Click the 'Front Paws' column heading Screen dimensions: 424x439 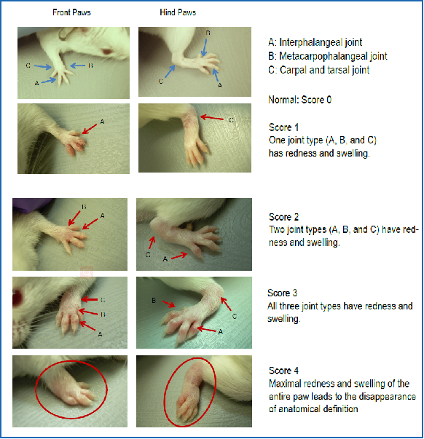pos(71,12)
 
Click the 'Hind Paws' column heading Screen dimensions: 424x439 pos(178,12)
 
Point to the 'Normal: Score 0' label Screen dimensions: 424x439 pos(300,100)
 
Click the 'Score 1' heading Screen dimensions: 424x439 pos(283,127)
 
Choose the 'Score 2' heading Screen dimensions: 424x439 pos(283,217)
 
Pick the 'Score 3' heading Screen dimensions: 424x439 pos(282,293)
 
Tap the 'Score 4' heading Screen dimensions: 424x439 pos(283,371)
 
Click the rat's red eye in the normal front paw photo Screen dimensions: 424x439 pos(107,52)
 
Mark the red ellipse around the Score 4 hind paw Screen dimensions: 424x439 pos(164,392)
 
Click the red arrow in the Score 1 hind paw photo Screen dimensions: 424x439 pos(212,118)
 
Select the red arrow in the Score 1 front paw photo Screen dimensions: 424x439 pos(90,129)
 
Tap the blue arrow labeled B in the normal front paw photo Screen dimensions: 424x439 pos(77,66)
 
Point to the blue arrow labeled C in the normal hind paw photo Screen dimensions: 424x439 pos(170,71)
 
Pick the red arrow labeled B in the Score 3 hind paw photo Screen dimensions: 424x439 pos(169,304)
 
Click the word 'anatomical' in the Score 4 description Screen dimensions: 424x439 pos(299,409)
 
